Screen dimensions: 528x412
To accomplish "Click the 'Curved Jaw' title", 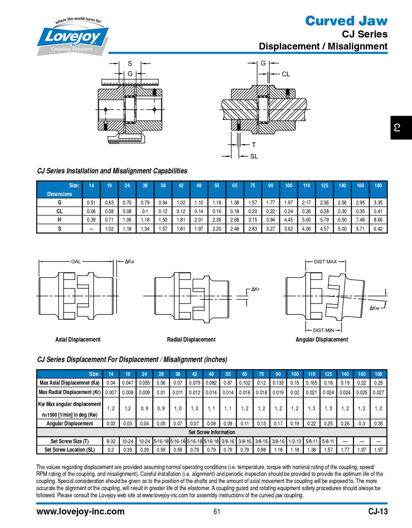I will (346, 21).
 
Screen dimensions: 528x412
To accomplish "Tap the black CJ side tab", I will (400, 128).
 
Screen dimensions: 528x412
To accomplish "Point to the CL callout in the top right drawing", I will (286, 74).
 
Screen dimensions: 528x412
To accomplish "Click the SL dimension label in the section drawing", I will (254, 156).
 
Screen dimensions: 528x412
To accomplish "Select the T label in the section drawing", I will (254, 145).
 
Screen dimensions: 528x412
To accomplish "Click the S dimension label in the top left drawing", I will (130, 64).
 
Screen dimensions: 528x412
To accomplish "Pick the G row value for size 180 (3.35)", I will (378, 203).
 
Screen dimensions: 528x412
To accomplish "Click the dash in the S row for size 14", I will (91, 229).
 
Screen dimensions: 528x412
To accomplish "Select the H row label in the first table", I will (59, 220).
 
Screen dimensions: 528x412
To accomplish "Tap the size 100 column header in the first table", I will (288, 186).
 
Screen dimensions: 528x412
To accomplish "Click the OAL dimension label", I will (76, 262).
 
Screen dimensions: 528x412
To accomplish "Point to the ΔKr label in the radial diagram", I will (255, 289).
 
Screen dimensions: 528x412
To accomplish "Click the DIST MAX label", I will (325, 262).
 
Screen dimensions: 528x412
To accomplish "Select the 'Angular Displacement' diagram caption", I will (322, 339).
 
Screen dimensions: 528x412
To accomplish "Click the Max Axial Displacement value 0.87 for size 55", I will (228, 383).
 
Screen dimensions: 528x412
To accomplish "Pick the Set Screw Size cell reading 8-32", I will (111, 441).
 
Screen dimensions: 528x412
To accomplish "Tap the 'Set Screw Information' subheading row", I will (212, 432).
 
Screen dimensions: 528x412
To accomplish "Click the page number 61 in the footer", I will (217, 512).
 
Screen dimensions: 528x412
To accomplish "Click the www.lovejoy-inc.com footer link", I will (80, 511).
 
